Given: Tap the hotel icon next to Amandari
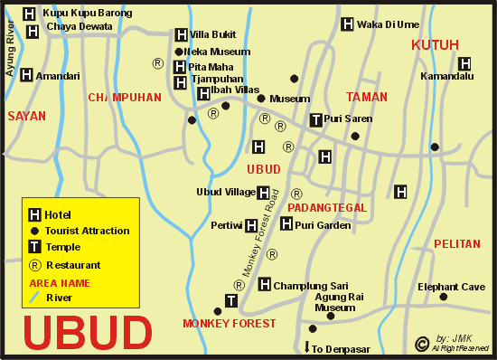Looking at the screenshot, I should click(x=25, y=75).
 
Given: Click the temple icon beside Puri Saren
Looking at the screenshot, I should click(x=315, y=118).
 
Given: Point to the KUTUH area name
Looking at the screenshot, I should click(x=435, y=44).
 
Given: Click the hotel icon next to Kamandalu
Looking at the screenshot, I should click(x=464, y=63).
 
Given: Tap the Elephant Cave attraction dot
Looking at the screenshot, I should click(x=443, y=297).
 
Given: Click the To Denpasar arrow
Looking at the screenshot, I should click(x=306, y=346).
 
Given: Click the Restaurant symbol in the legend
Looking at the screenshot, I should click(x=34, y=265).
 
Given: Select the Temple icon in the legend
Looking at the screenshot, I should click(x=34, y=247).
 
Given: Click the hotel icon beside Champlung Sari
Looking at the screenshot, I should click(x=265, y=284).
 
